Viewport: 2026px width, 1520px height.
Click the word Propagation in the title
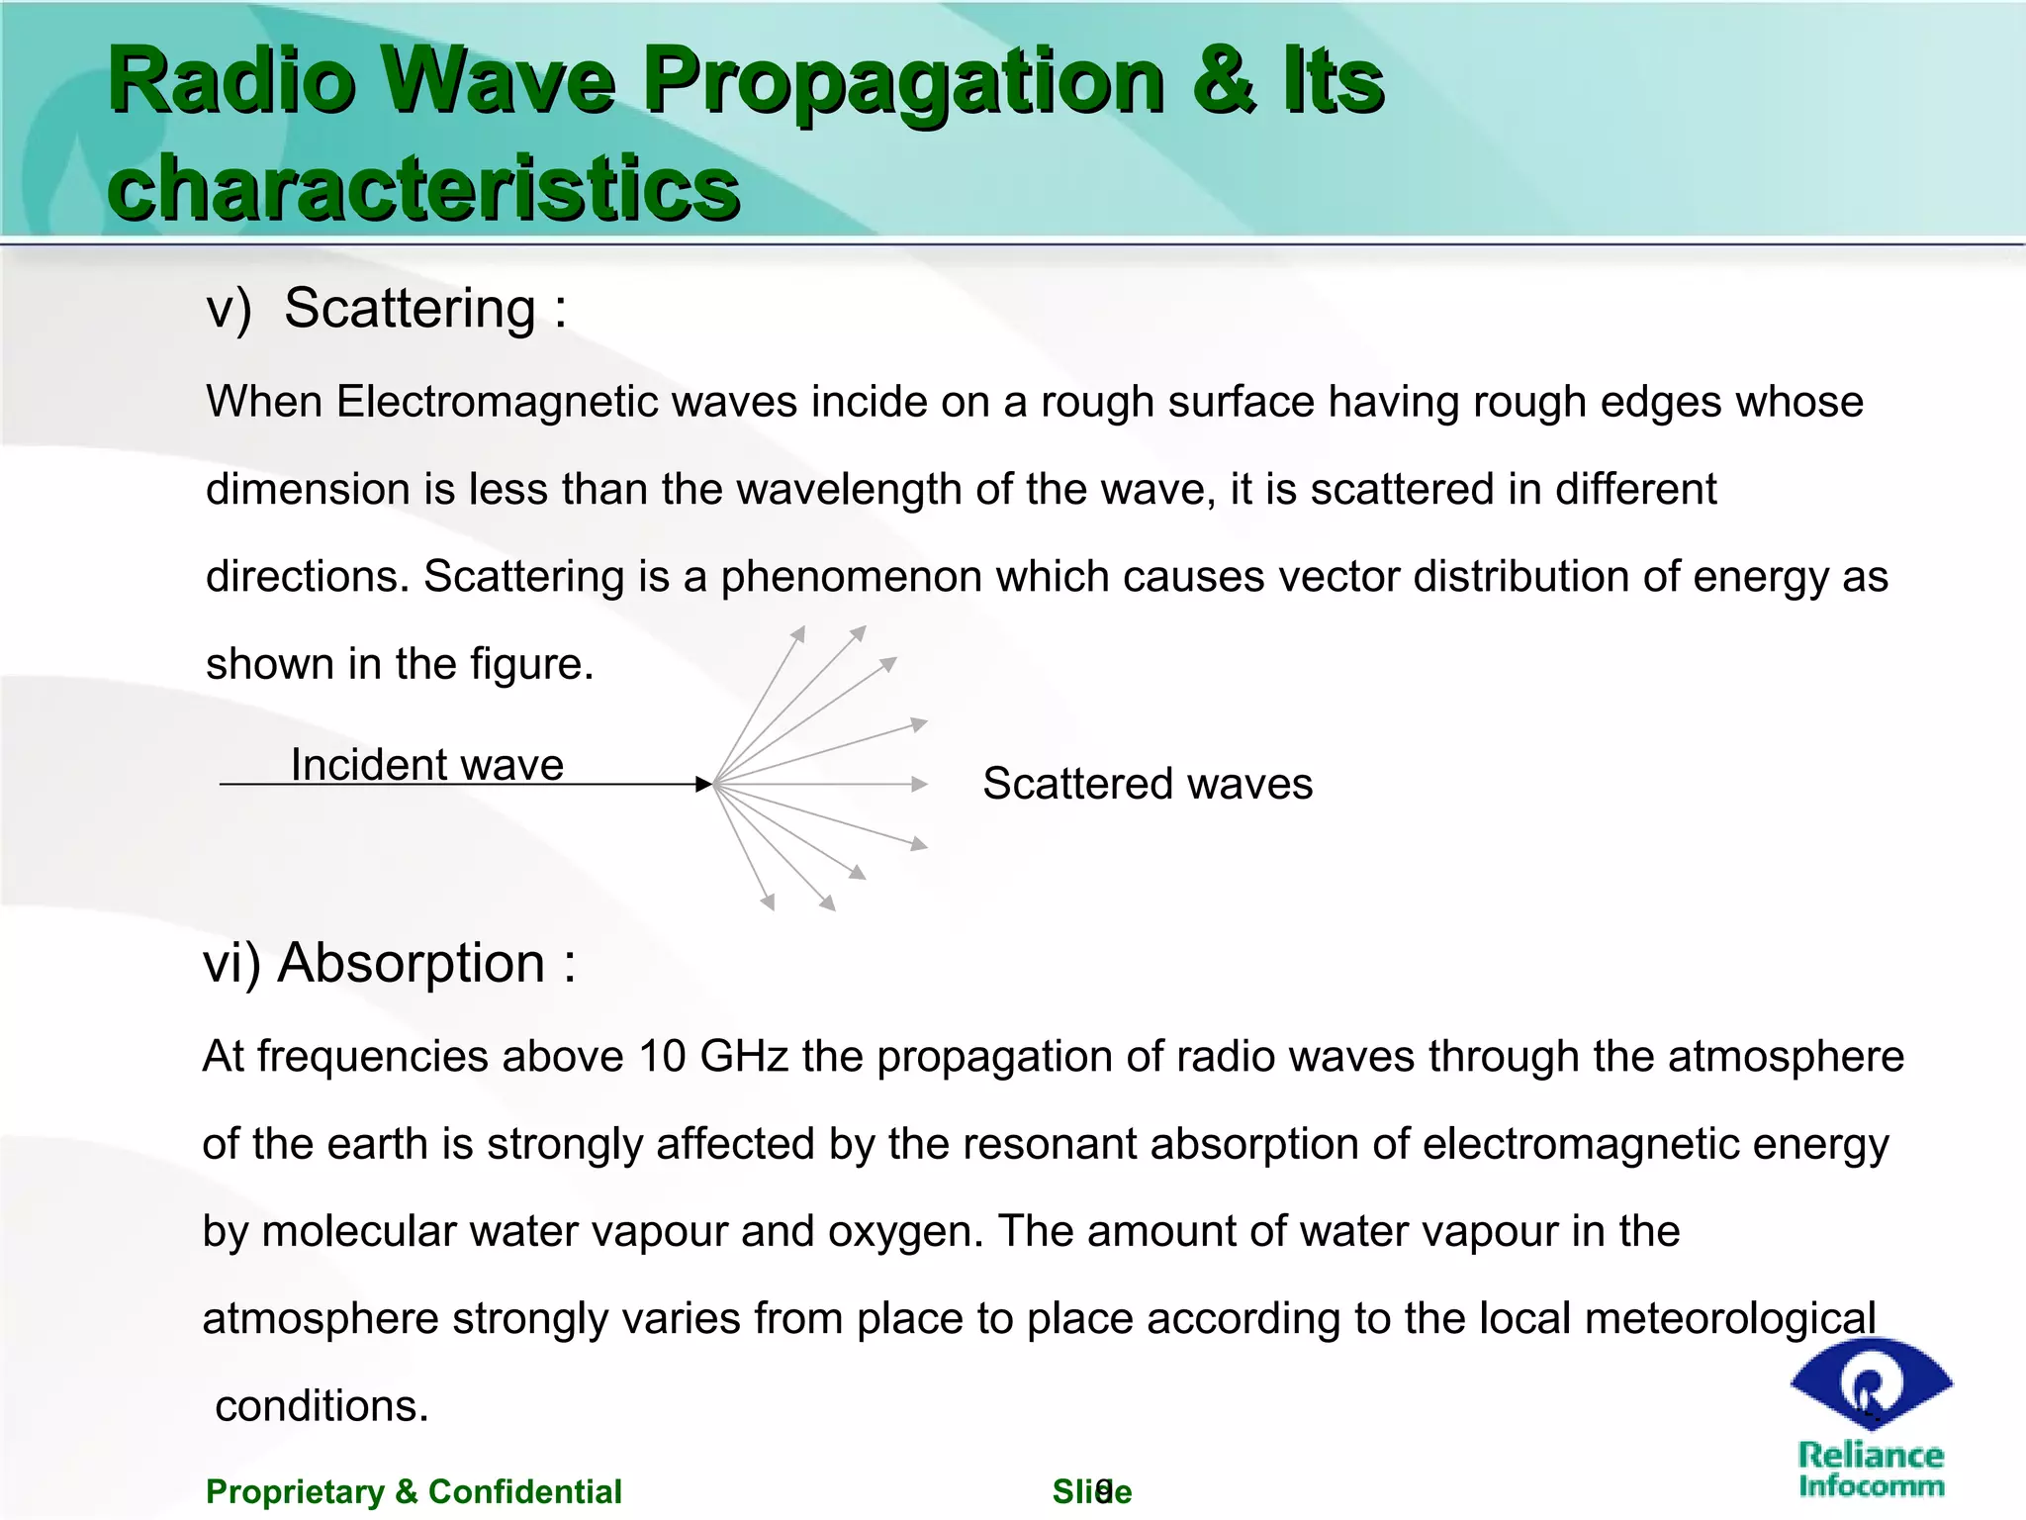click(904, 81)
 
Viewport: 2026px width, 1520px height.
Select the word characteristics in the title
click(423, 188)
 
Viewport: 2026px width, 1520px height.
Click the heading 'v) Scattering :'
click(386, 308)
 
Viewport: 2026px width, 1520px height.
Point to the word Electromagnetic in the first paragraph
click(497, 402)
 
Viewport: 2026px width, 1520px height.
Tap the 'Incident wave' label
click(427, 764)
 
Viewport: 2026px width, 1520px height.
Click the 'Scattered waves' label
click(1148, 784)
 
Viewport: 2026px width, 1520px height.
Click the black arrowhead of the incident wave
click(704, 785)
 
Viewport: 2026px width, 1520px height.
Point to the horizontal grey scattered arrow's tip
click(921, 785)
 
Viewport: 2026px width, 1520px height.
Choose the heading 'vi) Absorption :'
click(389, 963)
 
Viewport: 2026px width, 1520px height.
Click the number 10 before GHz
click(662, 1056)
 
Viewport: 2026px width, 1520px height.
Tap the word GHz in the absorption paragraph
click(743, 1056)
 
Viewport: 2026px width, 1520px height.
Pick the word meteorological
click(1729, 1318)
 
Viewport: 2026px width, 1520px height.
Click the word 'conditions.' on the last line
click(322, 1405)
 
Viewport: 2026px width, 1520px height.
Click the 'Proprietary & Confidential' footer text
click(414, 1491)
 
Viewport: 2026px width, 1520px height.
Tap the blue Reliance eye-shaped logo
click(1871, 1383)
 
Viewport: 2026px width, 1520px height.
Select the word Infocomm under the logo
click(1871, 1486)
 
